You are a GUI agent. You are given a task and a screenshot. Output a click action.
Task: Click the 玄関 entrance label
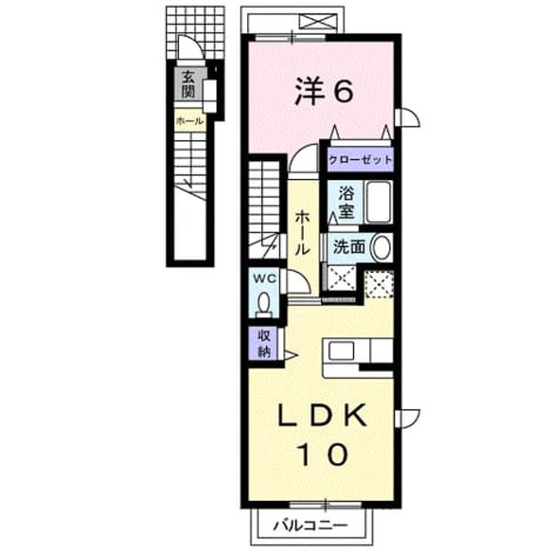(x=189, y=84)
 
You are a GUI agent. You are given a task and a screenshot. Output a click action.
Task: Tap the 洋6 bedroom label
(x=324, y=92)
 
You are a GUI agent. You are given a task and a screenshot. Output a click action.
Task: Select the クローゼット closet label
(x=360, y=160)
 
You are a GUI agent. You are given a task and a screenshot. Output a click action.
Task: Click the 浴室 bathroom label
(x=346, y=202)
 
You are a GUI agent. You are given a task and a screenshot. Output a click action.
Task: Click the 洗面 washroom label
(x=349, y=247)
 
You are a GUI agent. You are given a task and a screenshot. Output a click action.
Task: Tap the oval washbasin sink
(x=381, y=247)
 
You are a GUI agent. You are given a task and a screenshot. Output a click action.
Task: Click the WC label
(x=265, y=279)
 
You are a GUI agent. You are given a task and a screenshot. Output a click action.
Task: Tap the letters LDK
(x=322, y=415)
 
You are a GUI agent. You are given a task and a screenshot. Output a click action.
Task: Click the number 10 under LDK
(x=324, y=454)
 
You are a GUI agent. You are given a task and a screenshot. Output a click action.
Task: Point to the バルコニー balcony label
(x=311, y=526)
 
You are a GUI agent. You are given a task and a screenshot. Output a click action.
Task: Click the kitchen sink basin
(x=341, y=351)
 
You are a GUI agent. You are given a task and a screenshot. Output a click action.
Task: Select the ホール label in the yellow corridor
(x=302, y=233)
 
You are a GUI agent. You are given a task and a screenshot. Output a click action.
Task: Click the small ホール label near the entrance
(x=189, y=121)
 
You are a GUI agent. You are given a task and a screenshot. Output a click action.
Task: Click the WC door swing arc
(x=303, y=279)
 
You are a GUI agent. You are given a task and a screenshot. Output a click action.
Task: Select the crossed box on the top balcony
(x=316, y=22)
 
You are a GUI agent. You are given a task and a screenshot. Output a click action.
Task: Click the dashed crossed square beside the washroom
(x=379, y=285)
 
